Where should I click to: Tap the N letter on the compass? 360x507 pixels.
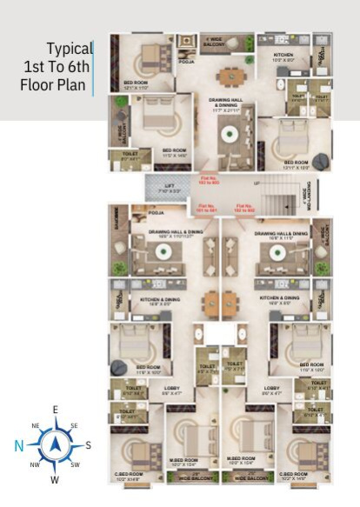tap(17, 445)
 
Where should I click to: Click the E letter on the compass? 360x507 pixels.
tap(55, 409)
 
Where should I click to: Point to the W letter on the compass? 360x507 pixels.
tap(55, 480)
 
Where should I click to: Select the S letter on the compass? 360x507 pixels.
tap(88, 445)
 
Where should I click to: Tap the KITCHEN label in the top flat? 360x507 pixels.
tap(284, 57)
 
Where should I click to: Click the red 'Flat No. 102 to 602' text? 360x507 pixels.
tap(244, 209)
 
